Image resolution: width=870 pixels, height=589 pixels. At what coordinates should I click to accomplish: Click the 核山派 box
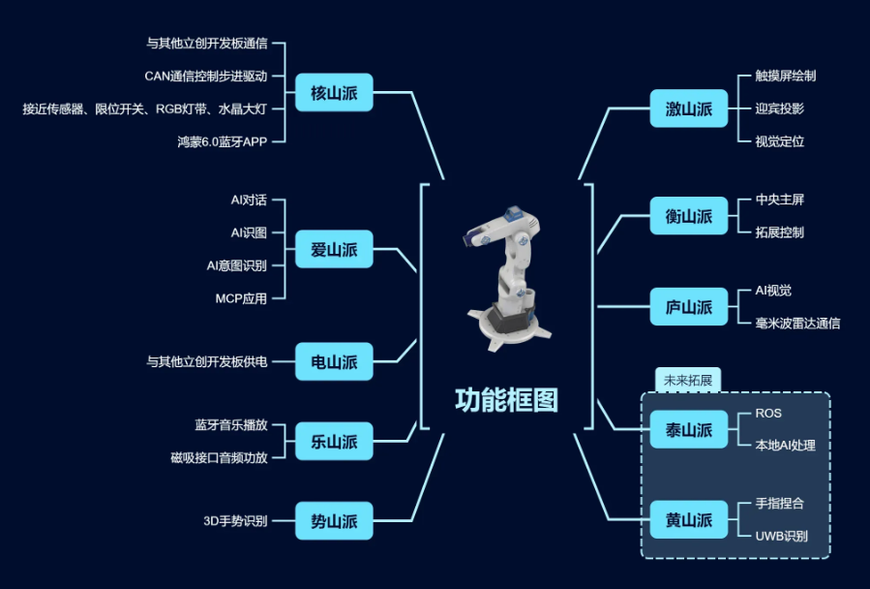click(334, 92)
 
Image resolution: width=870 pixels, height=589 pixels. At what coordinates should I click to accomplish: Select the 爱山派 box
click(334, 249)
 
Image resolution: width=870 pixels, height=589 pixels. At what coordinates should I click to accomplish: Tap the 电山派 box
click(334, 361)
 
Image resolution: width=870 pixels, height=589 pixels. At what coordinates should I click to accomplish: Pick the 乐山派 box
click(334, 441)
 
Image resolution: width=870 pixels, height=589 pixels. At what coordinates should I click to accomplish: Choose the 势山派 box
click(334, 520)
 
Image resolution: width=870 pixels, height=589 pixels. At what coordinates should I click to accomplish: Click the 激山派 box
click(689, 108)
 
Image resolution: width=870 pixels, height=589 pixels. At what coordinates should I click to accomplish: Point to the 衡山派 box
click(689, 216)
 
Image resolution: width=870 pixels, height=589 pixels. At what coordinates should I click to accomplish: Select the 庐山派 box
click(689, 306)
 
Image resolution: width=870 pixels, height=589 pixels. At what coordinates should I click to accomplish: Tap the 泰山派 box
click(689, 429)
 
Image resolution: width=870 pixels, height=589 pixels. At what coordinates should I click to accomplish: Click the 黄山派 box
click(689, 519)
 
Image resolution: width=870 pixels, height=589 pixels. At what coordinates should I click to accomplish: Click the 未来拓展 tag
click(688, 380)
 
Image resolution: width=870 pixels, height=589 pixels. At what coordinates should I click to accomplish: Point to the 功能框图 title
click(506, 400)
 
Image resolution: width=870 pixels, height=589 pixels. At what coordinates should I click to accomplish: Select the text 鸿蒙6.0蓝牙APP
click(223, 141)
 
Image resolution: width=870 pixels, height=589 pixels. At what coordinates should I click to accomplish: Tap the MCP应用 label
click(241, 298)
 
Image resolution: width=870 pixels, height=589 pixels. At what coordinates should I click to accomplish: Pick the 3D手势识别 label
click(235, 520)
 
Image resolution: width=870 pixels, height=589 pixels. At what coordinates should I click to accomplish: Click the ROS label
click(768, 414)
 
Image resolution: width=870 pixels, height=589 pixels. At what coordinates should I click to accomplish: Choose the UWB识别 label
click(781, 537)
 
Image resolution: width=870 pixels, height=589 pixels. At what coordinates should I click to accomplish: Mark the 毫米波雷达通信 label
click(797, 323)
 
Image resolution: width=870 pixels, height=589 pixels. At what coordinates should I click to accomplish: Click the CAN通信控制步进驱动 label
click(206, 77)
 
